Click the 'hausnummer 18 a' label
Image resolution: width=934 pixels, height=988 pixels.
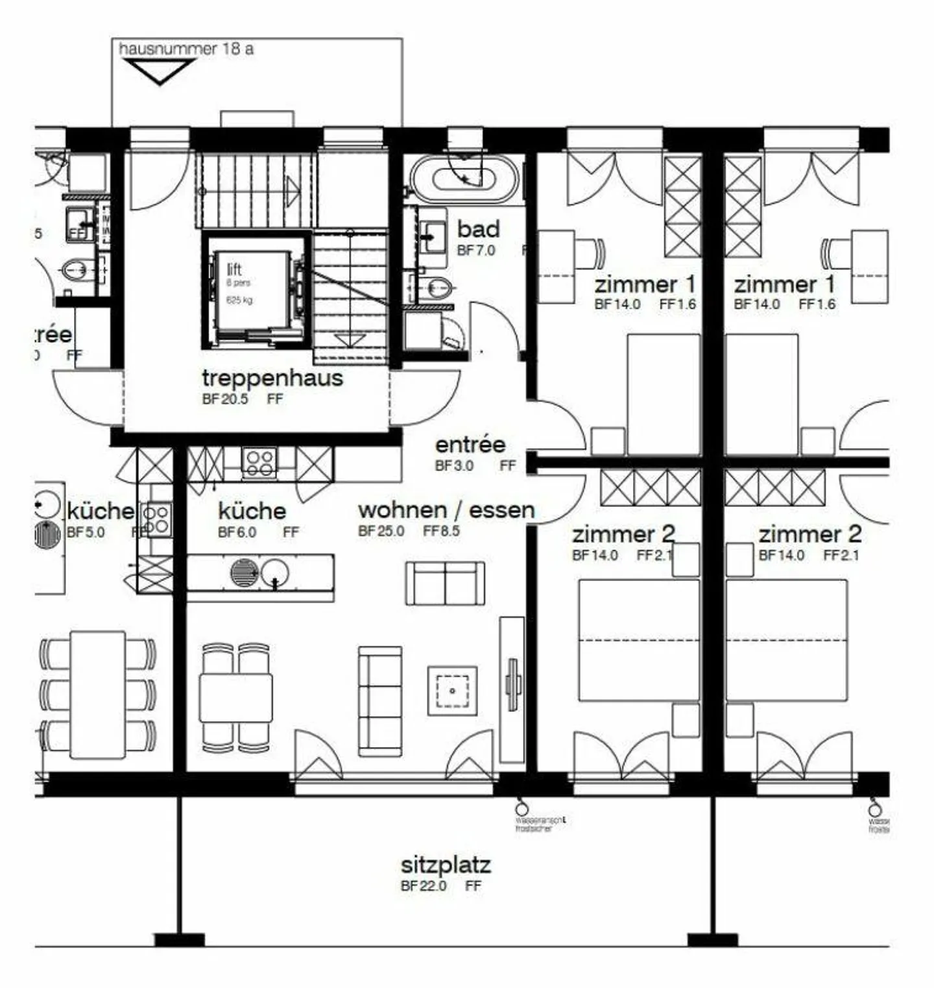click(x=186, y=49)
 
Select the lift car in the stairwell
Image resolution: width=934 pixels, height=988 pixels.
click(x=252, y=290)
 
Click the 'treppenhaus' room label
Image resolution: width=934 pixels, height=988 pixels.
click(x=272, y=378)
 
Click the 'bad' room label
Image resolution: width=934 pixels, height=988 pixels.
click(x=478, y=229)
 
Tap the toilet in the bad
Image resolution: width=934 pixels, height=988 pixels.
click(x=436, y=286)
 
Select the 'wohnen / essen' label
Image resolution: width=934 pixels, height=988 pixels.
click(x=446, y=510)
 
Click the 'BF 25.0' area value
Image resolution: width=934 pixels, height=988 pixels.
click(x=381, y=531)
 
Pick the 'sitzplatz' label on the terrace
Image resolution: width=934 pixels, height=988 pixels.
click(x=446, y=865)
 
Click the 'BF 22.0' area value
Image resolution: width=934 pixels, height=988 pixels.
click(x=424, y=886)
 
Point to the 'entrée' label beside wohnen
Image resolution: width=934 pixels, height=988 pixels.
click(x=470, y=445)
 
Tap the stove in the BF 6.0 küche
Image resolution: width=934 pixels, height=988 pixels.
click(x=259, y=462)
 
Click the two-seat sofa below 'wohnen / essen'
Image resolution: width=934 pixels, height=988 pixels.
click(x=445, y=584)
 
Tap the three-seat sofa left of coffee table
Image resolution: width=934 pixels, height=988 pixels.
click(x=380, y=701)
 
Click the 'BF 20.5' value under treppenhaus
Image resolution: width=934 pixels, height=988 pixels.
click(x=224, y=399)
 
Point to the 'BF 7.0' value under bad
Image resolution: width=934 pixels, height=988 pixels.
click(x=475, y=251)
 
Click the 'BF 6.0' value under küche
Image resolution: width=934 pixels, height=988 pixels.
click(x=237, y=532)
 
